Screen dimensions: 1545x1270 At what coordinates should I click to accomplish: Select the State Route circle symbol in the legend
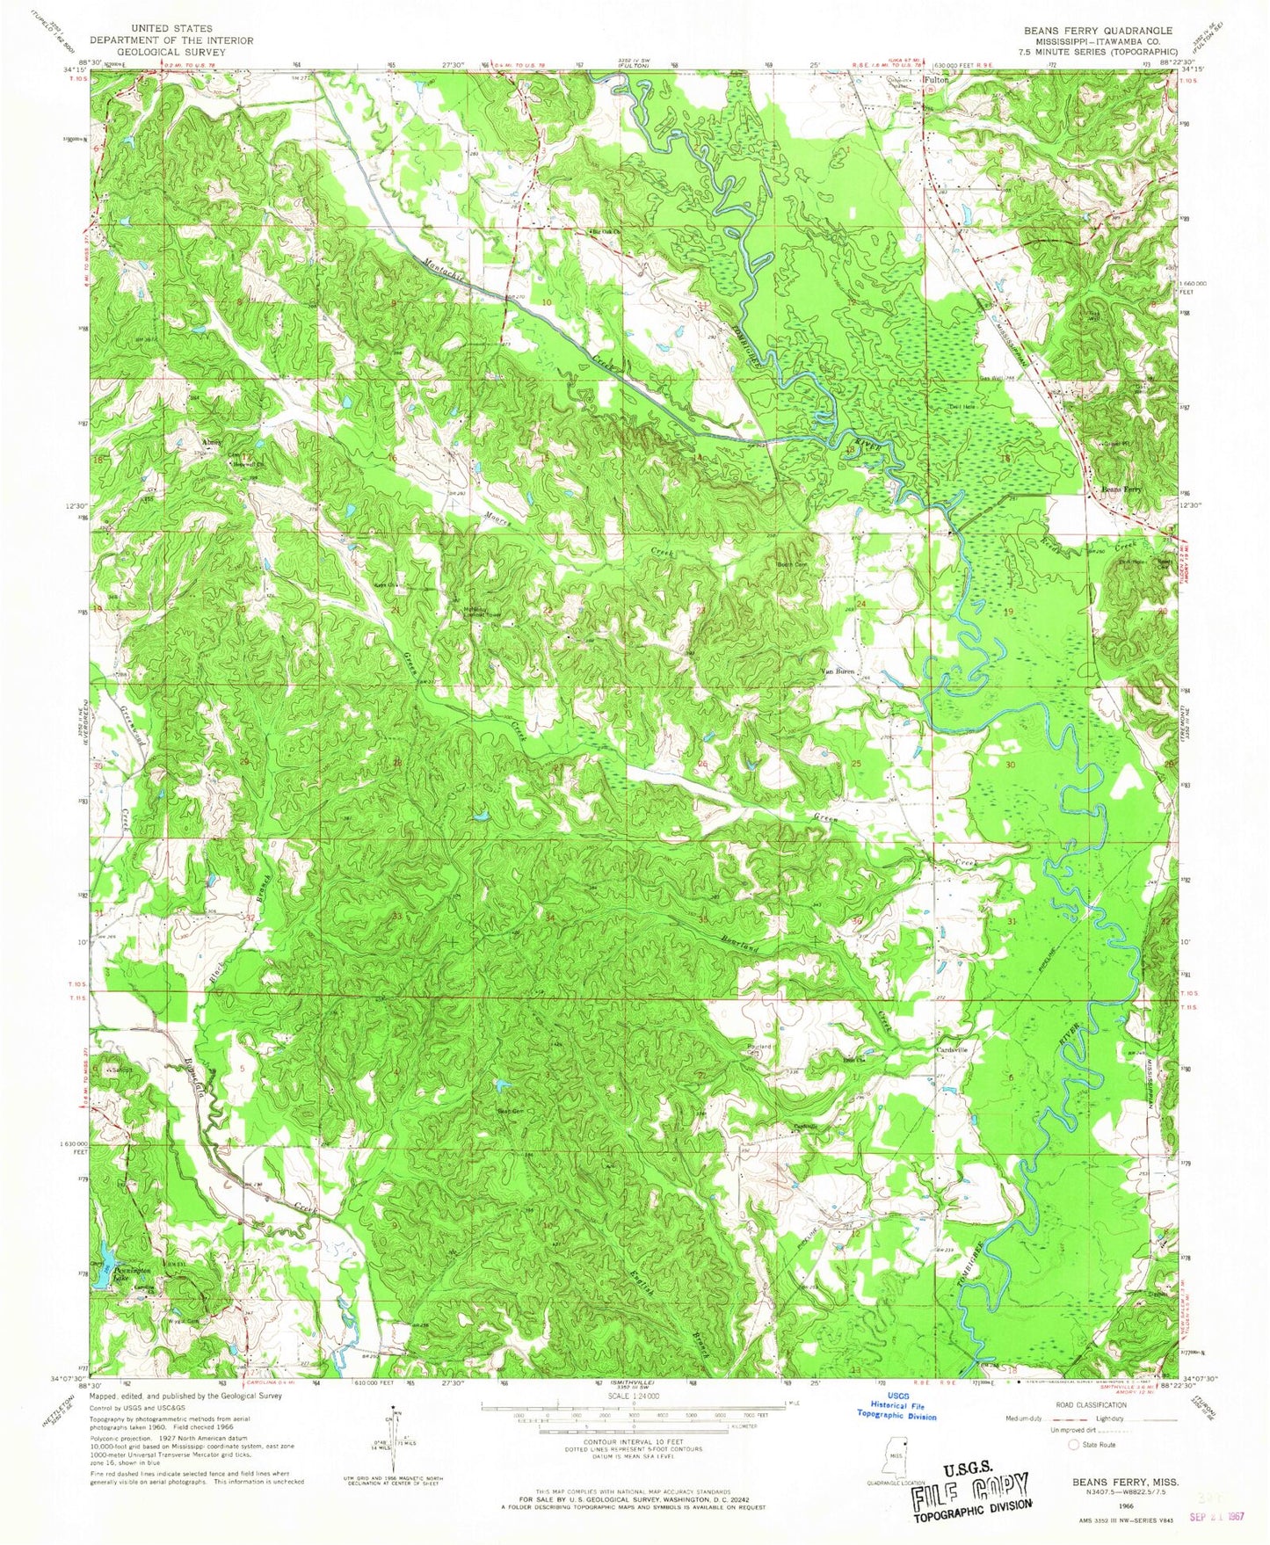pos(1073,1444)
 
